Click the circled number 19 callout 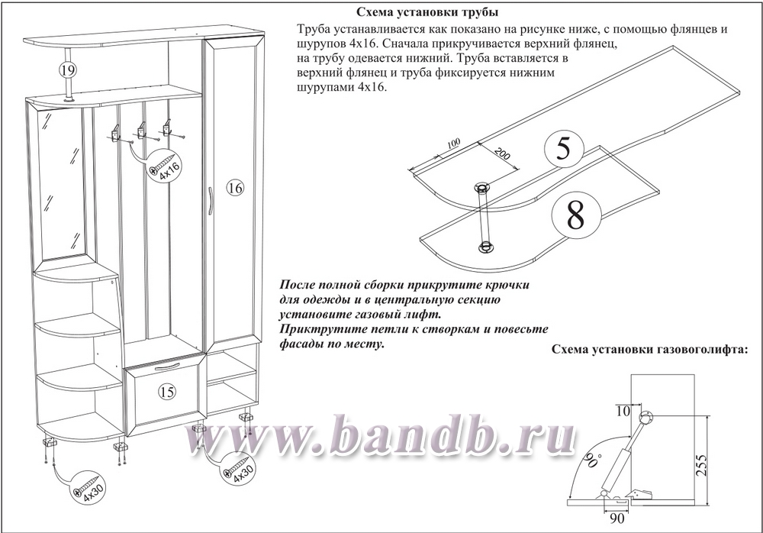pyautogui.click(x=68, y=69)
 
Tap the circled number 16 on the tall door pyautogui.click(x=235, y=188)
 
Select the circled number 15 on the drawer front pyautogui.click(x=167, y=391)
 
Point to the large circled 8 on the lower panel pyautogui.click(x=575, y=216)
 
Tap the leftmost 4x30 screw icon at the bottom pyautogui.click(x=90, y=486)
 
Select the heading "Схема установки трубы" pyautogui.click(x=427, y=11)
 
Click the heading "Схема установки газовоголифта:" pyautogui.click(x=649, y=350)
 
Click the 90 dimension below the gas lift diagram pyautogui.click(x=617, y=518)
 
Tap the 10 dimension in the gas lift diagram pyautogui.click(x=623, y=411)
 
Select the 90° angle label pyautogui.click(x=591, y=459)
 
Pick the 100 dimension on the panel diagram pyautogui.click(x=453, y=144)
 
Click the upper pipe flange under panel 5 pyautogui.click(x=481, y=188)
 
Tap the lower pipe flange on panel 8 pyautogui.click(x=485, y=247)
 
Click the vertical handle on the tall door pyautogui.click(x=210, y=200)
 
